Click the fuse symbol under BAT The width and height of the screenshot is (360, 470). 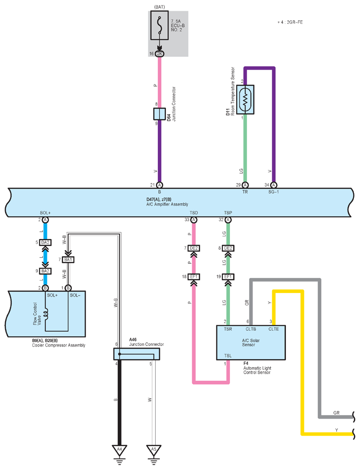coord(159,26)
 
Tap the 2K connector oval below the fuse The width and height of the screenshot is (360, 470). coord(159,53)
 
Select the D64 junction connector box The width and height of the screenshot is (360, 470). coord(159,114)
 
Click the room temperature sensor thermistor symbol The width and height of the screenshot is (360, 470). coord(245,99)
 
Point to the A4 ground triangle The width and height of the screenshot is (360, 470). coord(119,450)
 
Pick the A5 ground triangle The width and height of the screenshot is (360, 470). coord(154,450)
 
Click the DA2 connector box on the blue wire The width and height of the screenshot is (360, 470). coord(45,243)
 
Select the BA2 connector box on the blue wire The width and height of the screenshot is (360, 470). coord(45,271)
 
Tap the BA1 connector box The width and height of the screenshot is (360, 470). coord(68,260)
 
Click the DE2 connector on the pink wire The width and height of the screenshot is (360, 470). coord(194,248)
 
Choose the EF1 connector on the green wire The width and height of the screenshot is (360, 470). coord(228,277)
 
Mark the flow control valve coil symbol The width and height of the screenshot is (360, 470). coord(45,314)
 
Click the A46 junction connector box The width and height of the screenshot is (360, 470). coord(137,354)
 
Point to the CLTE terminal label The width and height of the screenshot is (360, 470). coord(273,329)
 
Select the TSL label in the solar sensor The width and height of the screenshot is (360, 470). coord(228,356)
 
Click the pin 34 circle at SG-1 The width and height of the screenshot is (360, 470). coord(274,185)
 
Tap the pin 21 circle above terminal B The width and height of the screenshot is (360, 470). coord(159,185)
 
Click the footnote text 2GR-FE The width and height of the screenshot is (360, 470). coord(294,22)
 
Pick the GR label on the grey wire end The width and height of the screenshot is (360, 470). coord(336,413)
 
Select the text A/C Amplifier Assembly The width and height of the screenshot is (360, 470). coord(167,204)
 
